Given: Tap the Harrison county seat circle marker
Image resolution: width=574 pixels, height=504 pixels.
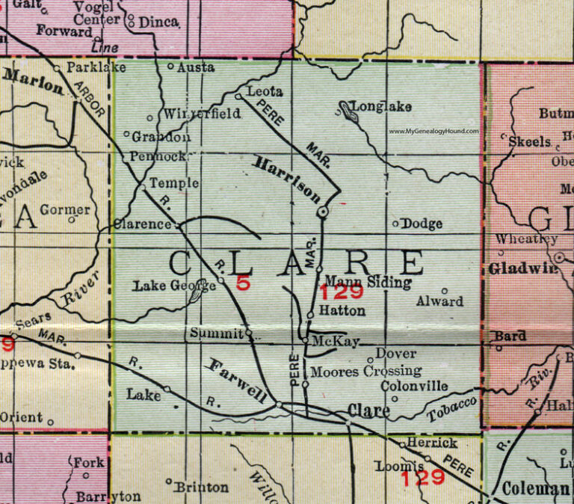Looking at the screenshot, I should pos(323,213).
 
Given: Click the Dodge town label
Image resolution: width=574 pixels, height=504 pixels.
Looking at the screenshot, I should pos(422,223).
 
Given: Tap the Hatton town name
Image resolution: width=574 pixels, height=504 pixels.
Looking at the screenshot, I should pos(341,310).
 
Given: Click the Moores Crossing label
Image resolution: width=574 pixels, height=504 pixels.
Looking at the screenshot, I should pos(365,371).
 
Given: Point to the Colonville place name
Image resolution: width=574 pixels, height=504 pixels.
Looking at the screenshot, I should pos(415,386).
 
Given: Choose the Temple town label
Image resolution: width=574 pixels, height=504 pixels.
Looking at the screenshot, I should pos(174,182).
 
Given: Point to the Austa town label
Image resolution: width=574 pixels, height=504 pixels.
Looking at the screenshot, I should pos(197,67).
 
